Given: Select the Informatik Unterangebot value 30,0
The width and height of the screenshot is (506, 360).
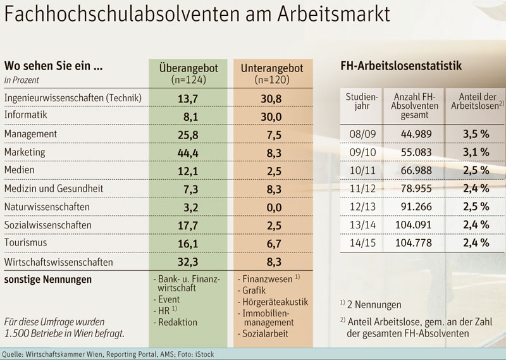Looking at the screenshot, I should tap(270, 116).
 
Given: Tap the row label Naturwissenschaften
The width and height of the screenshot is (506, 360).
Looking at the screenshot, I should tap(47, 207).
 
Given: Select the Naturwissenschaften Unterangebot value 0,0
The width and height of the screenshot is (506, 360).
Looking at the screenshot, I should tap(270, 207).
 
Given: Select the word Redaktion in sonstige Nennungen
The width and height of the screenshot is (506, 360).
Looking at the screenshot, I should tap(178, 322).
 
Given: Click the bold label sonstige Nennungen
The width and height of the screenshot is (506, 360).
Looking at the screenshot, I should tap(47, 279).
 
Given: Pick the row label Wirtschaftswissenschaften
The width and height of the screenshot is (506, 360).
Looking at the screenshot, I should tap(58, 261).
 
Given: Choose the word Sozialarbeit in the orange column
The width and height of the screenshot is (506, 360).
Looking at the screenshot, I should tap(268, 333).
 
